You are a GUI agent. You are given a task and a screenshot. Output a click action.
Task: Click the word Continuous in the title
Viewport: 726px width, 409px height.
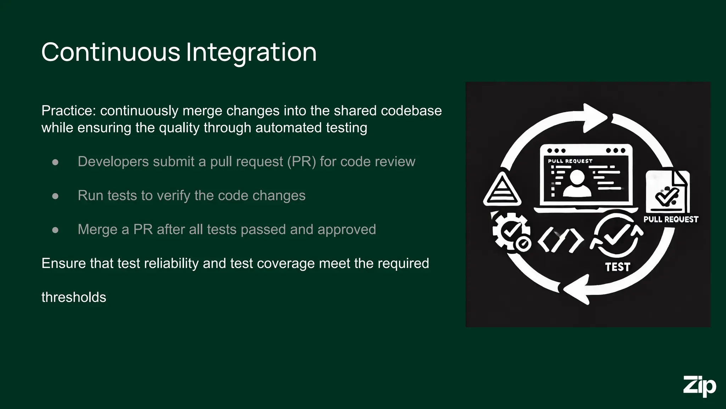[111, 52]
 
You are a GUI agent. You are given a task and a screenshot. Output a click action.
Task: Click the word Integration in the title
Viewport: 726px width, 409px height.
[251, 52]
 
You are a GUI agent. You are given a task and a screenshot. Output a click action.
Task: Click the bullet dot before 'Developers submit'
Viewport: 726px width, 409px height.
[55, 162]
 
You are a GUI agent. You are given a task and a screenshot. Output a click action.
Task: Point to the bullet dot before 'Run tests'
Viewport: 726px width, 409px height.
[55, 196]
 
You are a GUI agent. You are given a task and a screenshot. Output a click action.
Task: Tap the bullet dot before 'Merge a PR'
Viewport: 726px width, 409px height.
[55, 230]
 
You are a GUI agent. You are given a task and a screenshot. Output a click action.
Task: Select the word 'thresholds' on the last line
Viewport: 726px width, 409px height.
[74, 297]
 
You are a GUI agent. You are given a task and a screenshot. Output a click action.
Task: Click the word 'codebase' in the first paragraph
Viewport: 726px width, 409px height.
[411, 111]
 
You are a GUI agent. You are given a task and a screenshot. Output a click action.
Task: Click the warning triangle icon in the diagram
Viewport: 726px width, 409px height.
[502, 190]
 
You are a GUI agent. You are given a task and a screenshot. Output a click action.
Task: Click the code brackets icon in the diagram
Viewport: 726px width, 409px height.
[560, 240]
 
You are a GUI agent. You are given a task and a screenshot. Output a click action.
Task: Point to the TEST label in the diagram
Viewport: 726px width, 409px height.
[618, 267]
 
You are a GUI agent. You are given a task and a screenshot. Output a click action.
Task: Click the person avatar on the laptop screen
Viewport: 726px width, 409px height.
[577, 183]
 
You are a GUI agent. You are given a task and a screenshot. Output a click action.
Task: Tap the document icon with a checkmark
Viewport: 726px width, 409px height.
[668, 192]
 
